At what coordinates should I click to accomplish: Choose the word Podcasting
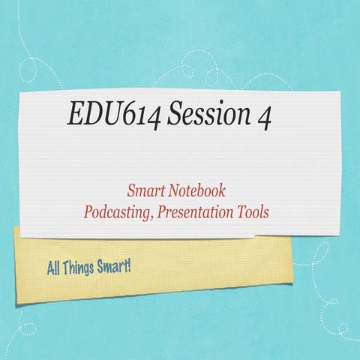click(x=118, y=212)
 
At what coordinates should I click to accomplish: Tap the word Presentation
click(x=199, y=212)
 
